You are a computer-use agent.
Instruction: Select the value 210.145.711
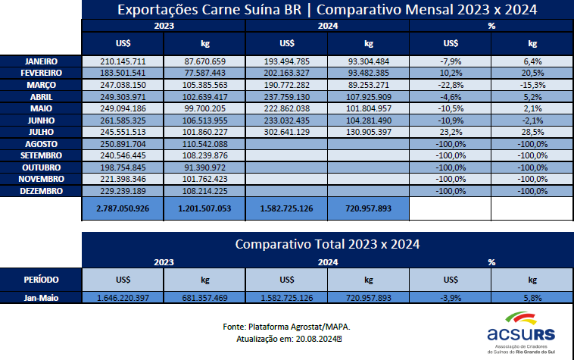123,61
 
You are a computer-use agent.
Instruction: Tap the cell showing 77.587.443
204,72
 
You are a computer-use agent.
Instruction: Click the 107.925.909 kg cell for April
368,95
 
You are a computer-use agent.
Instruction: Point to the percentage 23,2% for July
450,131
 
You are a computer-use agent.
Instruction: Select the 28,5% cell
532,131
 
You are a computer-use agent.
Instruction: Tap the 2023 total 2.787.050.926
123,208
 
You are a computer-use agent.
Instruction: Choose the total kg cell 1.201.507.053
204,208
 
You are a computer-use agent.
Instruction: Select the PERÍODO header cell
41,279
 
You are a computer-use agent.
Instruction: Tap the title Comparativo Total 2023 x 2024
327,245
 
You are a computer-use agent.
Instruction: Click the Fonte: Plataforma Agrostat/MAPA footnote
286,327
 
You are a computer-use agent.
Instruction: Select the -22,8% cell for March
450,84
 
